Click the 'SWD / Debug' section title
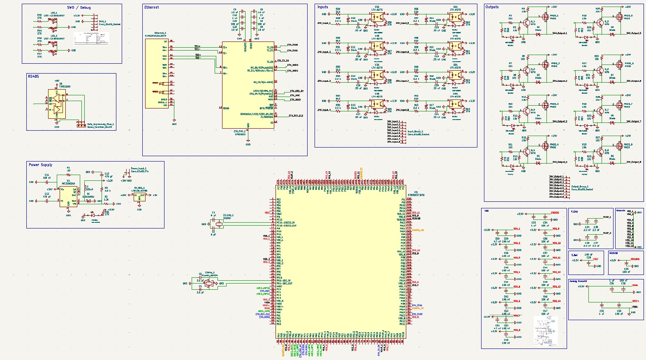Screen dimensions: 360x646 tap(79, 7)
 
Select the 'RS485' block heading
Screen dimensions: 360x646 tap(33, 76)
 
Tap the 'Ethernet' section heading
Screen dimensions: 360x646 tap(151, 7)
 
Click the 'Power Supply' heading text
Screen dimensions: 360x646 tap(40, 165)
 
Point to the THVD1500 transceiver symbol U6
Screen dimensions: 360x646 tap(57, 104)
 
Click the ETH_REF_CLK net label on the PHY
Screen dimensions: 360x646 tap(296, 116)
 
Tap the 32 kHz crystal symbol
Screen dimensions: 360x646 tap(213, 224)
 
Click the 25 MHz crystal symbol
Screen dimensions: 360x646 tap(209, 283)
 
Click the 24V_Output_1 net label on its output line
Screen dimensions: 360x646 tap(560, 33)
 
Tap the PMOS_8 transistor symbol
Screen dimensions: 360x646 tap(619, 146)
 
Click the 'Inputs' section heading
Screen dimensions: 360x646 tap(323, 7)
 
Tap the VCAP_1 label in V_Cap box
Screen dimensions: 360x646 tap(607, 217)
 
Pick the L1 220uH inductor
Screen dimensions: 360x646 tap(86, 188)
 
